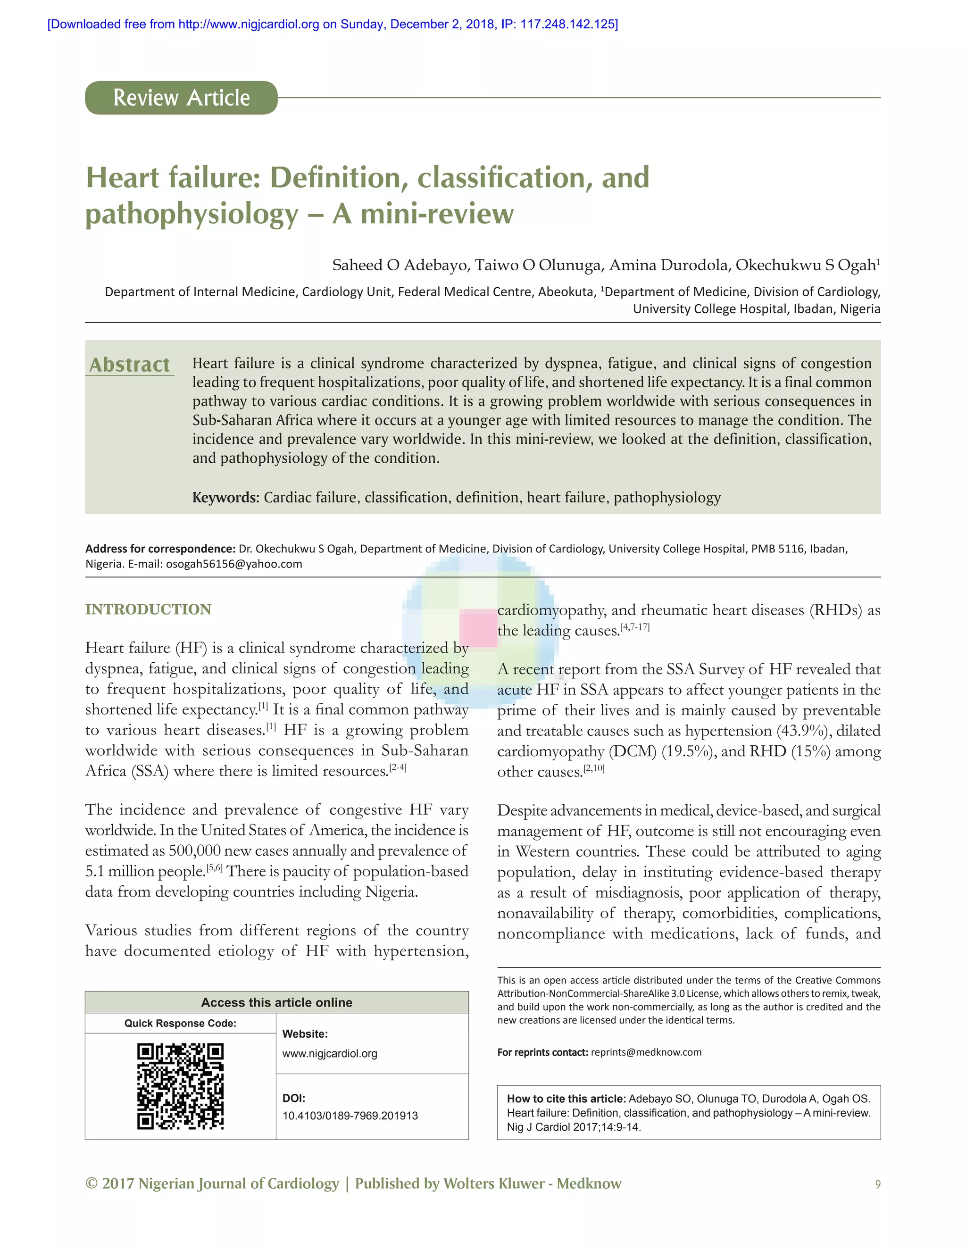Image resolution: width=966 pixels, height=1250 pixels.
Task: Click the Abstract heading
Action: [129, 365]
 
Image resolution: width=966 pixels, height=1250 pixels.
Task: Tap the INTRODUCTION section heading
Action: [148, 609]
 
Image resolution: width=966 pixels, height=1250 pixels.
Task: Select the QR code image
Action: [180, 1086]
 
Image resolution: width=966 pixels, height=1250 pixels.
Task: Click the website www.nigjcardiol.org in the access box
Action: [330, 1053]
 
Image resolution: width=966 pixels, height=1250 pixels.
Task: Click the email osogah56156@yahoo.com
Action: [233, 564]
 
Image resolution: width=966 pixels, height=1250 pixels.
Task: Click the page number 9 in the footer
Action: [877, 1184]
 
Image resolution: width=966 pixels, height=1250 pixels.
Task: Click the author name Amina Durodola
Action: [668, 265]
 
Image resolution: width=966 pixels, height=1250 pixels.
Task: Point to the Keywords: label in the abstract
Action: [225, 497]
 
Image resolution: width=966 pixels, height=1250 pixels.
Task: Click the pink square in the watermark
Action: [478, 628]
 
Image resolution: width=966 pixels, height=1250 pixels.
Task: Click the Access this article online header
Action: [276, 1002]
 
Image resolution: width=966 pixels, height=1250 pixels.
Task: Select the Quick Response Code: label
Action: [180, 1024]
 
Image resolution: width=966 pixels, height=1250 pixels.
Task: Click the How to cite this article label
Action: [566, 1098]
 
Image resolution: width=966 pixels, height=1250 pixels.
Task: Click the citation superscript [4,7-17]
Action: [635, 627]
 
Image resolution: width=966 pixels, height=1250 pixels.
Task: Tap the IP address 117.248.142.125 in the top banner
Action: [568, 24]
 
